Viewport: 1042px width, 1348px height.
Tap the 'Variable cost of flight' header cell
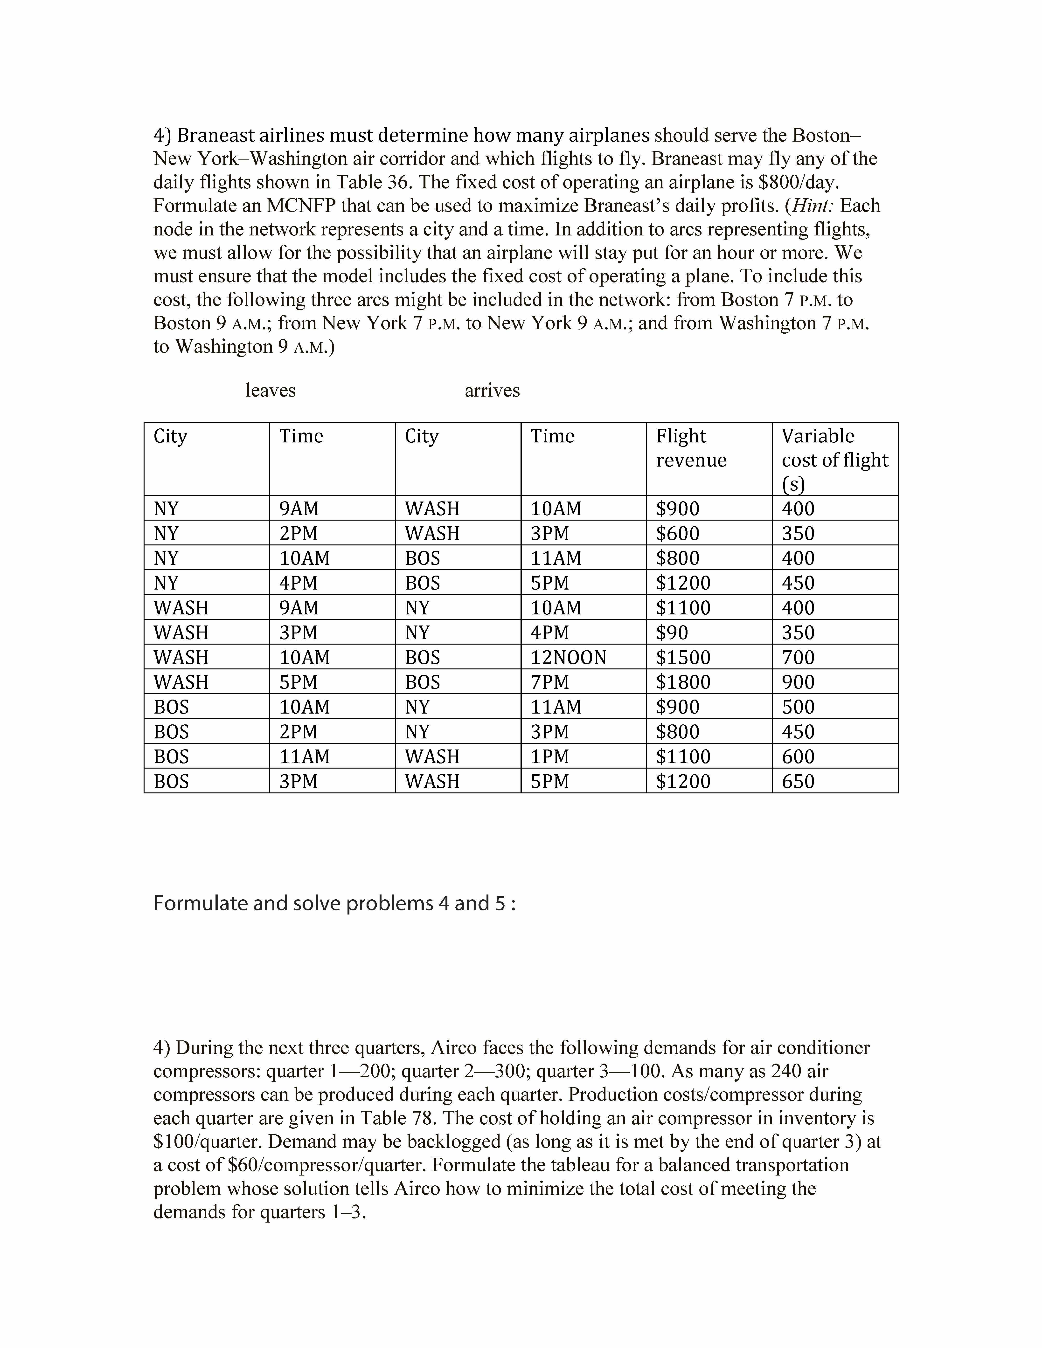coord(834,460)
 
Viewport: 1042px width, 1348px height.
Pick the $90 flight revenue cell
coord(672,633)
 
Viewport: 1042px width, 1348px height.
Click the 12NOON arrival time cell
coord(569,657)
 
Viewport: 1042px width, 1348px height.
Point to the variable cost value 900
coord(798,682)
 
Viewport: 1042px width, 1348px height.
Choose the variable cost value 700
coord(798,657)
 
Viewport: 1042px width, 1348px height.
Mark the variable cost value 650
coord(798,781)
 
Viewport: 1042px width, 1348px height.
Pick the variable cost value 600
coord(798,757)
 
